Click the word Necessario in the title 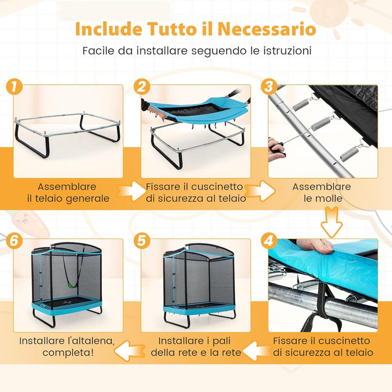(x=267, y=29)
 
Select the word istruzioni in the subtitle (x=287, y=51)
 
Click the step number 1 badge (x=14, y=87)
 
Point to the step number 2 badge (x=142, y=87)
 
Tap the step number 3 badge (x=269, y=87)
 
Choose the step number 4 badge (x=269, y=241)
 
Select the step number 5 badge (x=142, y=241)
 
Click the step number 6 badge (x=14, y=241)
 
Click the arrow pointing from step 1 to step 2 (x=130, y=191)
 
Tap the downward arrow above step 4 (x=332, y=222)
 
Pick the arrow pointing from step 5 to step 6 (x=130, y=351)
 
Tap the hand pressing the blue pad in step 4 (x=315, y=245)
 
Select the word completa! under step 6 (x=68, y=352)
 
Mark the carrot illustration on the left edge (x=27, y=223)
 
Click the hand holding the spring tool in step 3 (x=276, y=150)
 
